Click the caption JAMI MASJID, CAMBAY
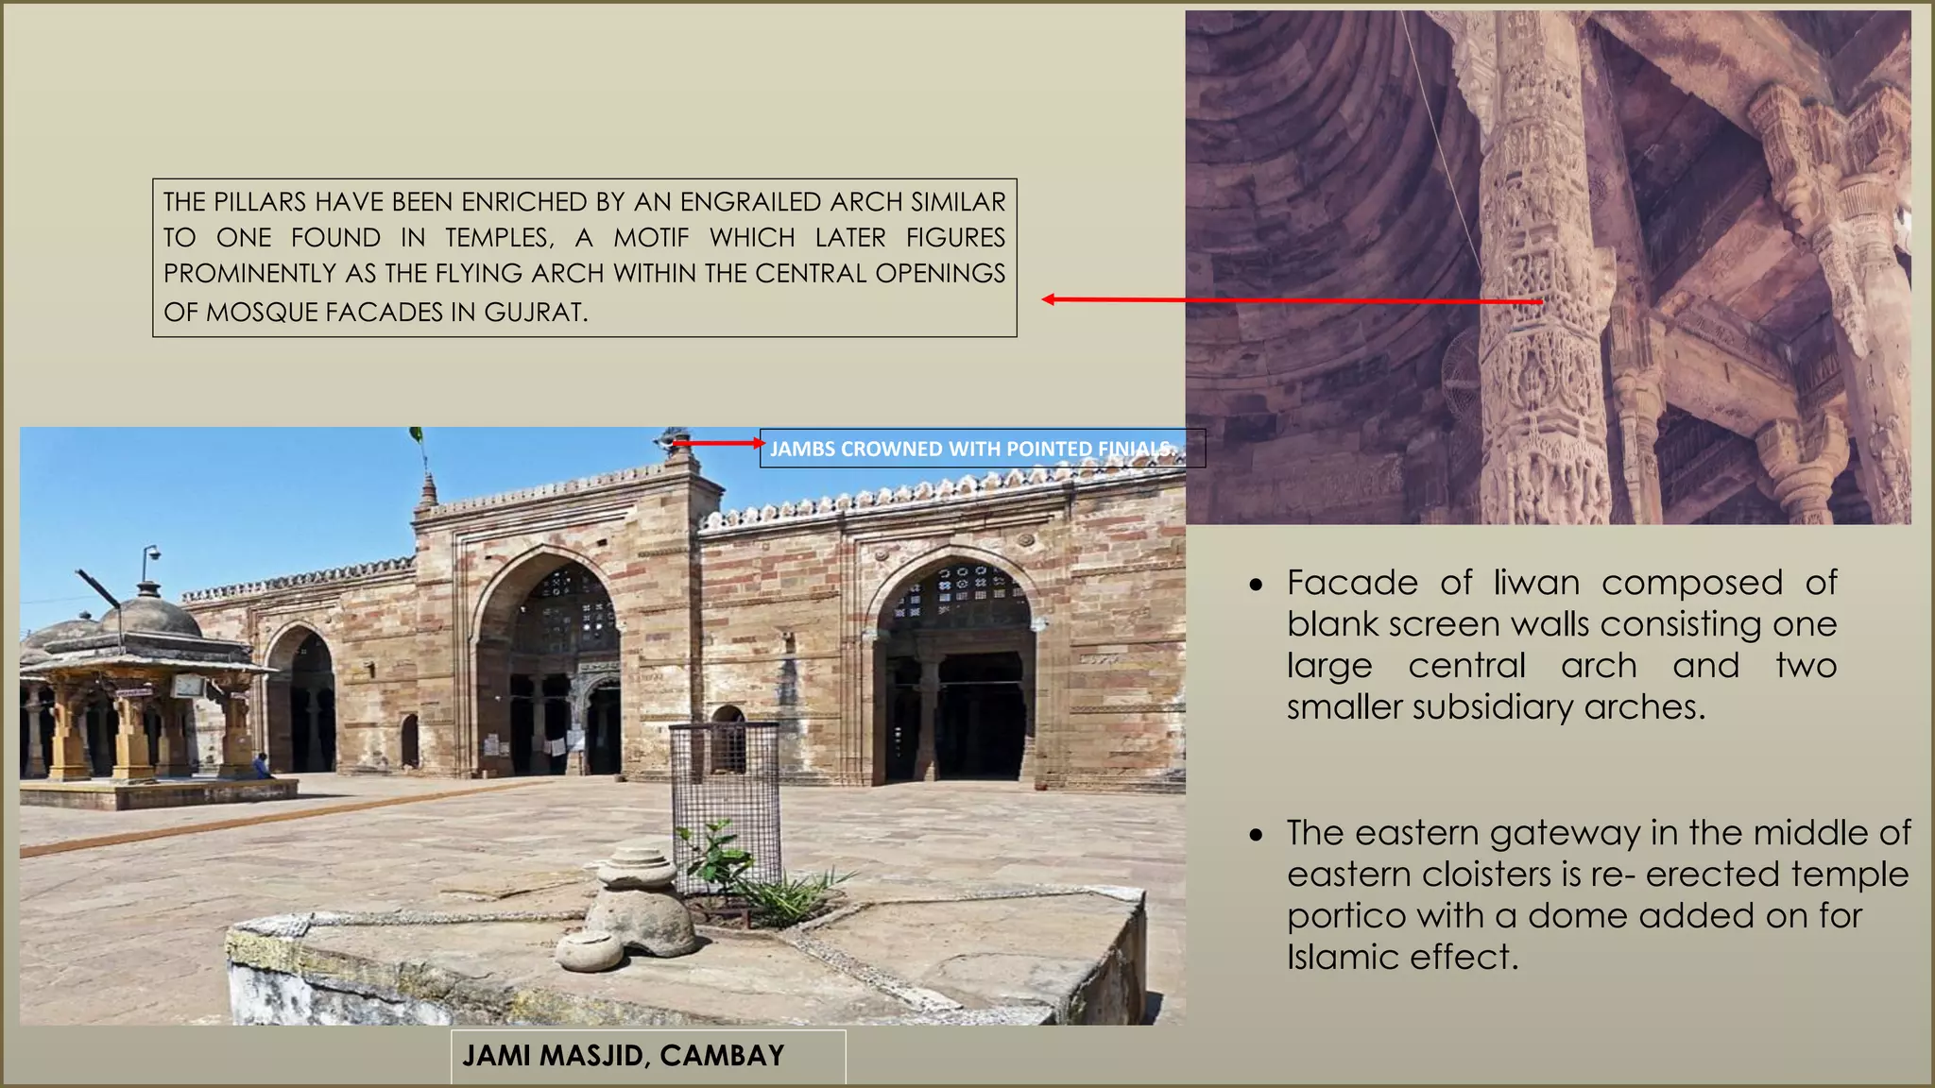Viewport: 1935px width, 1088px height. coord(623,1055)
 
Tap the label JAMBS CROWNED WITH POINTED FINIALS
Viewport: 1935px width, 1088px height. coord(973,449)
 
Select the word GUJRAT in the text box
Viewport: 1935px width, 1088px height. coord(533,312)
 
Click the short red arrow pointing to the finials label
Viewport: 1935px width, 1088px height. coord(718,442)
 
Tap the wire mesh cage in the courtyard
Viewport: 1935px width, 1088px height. coord(725,784)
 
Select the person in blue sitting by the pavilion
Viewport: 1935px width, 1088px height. coord(262,765)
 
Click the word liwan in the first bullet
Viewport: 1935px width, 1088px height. coord(1536,583)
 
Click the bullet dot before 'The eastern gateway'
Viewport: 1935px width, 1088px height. coord(1255,836)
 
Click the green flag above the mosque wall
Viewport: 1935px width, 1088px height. coord(416,435)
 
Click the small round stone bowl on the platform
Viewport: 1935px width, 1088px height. coord(589,949)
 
